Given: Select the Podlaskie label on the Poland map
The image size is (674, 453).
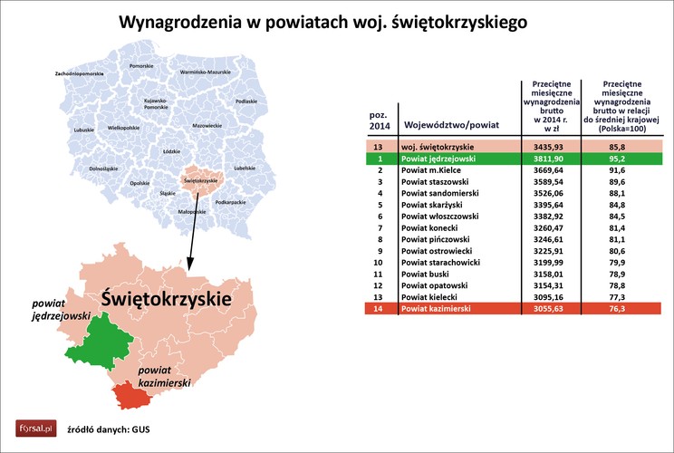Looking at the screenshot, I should (246, 101).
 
